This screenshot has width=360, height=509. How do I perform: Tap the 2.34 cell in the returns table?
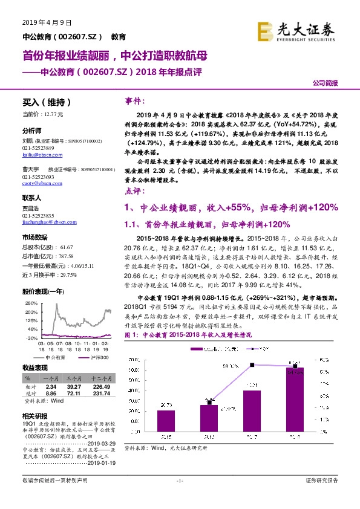tap(51, 386)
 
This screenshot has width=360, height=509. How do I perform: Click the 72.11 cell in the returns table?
tap(74, 392)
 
